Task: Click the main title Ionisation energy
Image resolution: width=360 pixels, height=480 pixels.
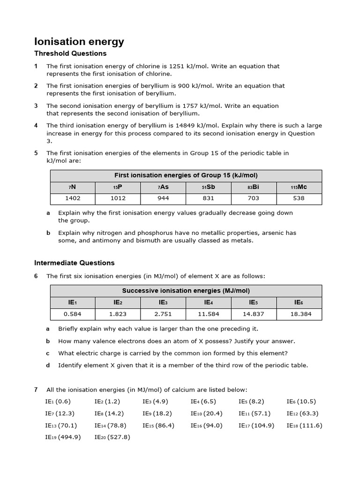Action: tap(80, 42)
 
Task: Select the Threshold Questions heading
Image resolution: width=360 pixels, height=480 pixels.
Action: tap(70, 53)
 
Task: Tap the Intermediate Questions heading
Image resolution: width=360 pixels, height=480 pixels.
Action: tap(75, 263)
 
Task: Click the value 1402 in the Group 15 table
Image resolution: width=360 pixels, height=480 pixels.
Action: tap(73, 198)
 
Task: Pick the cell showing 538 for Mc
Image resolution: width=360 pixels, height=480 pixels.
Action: tap(299, 198)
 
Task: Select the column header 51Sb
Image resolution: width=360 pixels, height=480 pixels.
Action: tap(208, 187)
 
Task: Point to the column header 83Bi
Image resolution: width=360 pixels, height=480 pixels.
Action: tap(254, 187)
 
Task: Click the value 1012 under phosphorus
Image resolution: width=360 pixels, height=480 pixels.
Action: tap(118, 198)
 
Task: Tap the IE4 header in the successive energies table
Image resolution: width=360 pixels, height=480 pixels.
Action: tap(208, 303)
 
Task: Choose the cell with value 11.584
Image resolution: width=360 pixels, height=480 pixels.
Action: tap(208, 314)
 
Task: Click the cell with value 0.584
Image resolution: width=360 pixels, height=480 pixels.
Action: tap(73, 314)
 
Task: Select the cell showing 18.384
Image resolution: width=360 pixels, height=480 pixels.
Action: tap(299, 314)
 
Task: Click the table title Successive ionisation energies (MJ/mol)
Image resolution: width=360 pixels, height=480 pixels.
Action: tap(186, 291)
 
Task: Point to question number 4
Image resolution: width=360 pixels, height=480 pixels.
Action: tap(36, 126)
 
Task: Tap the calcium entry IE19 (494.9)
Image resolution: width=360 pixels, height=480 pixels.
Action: tap(63, 437)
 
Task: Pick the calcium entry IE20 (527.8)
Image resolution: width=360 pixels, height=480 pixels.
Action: tap(112, 437)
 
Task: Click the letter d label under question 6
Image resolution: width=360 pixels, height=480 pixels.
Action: tap(48, 366)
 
